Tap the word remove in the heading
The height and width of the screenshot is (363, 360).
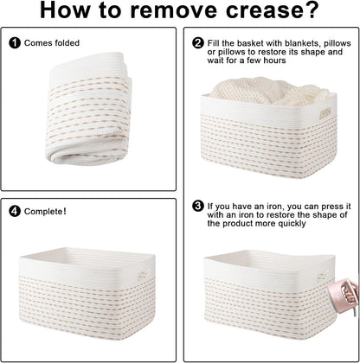pos(174,11)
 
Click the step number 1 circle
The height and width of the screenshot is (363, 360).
pos(15,43)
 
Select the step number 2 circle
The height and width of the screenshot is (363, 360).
pos(198,43)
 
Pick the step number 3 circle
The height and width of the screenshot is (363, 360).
pos(198,207)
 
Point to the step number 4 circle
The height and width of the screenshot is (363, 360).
pos(15,212)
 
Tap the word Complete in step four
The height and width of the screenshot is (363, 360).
pos(43,212)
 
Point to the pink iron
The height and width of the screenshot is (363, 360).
pos(344,296)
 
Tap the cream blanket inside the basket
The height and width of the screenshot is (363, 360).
pos(269,91)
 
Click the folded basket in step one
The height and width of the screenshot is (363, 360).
pos(88,110)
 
